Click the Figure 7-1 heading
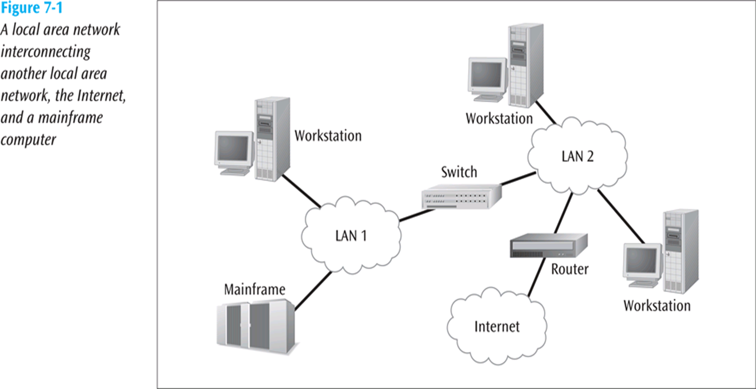click(x=31, y=9)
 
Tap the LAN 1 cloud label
click(x=351, y=236)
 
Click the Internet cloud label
click(x=497, y=326)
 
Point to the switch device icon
click(x=462, y=195)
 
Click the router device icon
click(x=548, y=245)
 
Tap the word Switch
click(x=459, y=172)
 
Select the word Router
click(x=570, y=269)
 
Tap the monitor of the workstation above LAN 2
click(x=487, y=76)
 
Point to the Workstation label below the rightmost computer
click(x=657, y=306)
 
